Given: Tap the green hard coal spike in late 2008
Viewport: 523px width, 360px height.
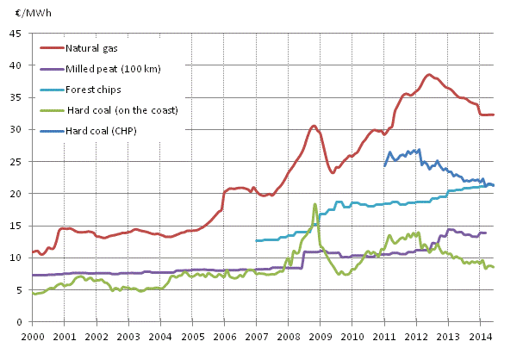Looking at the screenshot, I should (x=315, y=204).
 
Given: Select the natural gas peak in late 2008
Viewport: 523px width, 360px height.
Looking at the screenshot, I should (x=314, y=126).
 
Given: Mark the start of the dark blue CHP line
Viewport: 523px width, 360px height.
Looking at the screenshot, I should (x=384, y=164).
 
